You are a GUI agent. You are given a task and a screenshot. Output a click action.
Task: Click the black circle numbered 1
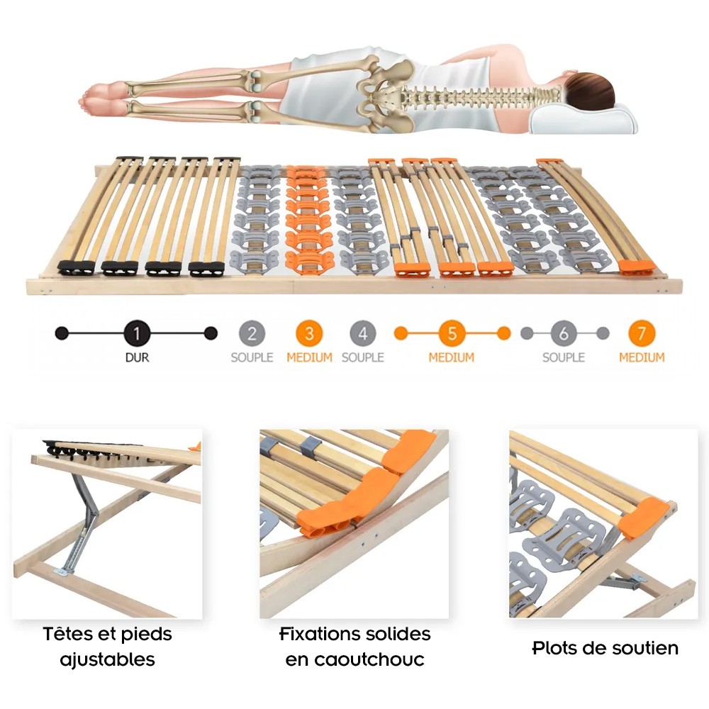click(137, 334)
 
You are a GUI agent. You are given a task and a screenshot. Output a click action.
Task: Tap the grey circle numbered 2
click(252, 334)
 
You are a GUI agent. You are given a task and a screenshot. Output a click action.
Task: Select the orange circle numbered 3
click(309, 334)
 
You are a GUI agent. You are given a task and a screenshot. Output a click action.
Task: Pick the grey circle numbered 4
click(362, 334)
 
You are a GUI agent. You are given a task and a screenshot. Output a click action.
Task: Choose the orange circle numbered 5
click(452, 334)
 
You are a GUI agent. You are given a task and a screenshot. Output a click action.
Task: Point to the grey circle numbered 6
click(564, 334)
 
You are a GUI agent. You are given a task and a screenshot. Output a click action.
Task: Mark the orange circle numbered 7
click(642, 334)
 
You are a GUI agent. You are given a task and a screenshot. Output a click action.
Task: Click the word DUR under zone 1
click(137, 357)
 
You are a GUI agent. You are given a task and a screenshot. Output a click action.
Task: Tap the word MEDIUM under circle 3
click(309, 357)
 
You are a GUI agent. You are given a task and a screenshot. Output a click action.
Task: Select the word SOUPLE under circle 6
click(564, 357)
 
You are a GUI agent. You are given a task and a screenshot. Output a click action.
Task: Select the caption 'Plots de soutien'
click(605, 648)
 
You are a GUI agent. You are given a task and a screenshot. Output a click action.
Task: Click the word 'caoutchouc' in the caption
click(355, 659)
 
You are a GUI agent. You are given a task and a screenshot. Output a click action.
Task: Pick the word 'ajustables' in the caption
click(108, 660)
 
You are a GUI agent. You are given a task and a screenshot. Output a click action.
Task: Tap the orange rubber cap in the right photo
click(644, 518)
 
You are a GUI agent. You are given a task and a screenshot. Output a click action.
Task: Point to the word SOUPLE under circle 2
click(252, 357)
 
